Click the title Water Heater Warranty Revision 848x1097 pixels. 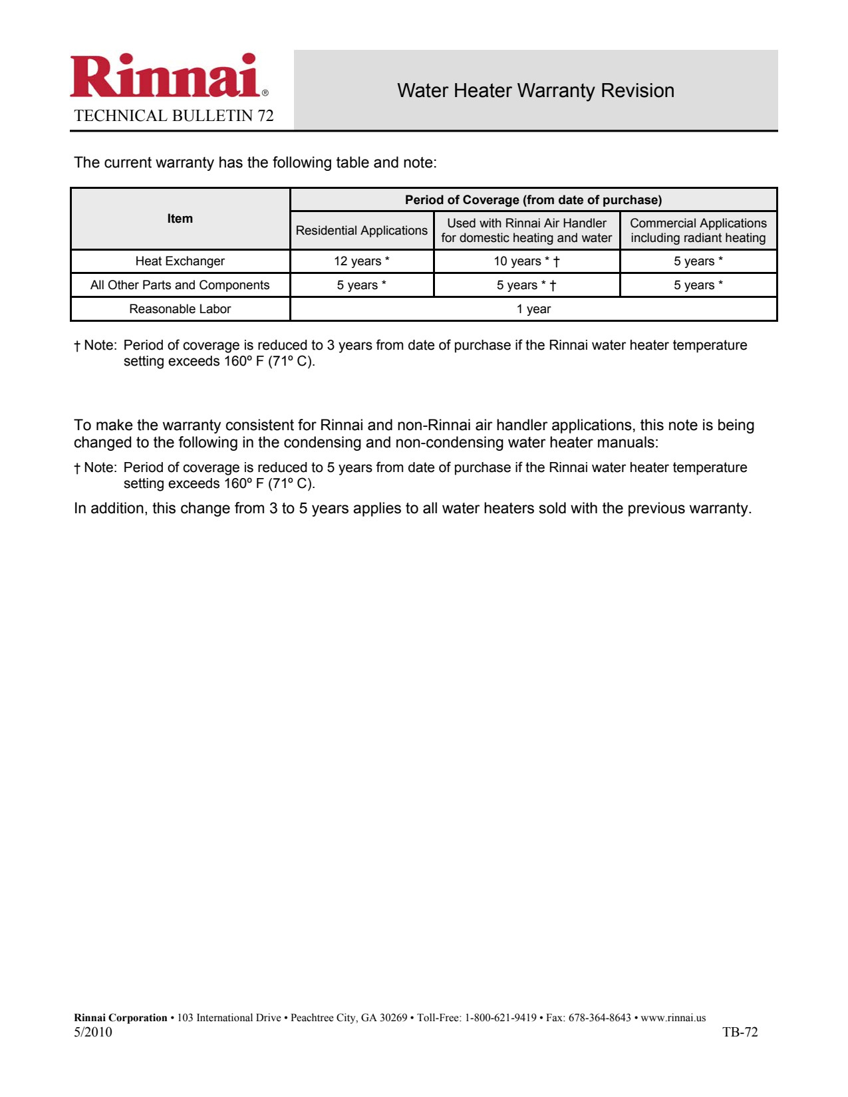click(535, 90)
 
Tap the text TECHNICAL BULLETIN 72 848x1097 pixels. click(174, 116)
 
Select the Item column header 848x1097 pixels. click(180, 219)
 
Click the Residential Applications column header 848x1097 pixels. click(362, 231)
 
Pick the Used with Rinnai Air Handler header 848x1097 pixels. click(527, 231)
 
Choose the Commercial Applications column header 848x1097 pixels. click(698, 231)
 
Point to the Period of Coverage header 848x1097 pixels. click(533, 200)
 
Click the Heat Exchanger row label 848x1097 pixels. click(180, 261)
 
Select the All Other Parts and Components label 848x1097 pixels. click(180, 285)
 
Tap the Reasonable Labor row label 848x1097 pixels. click(180, 309)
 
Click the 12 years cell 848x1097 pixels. click(362, 261)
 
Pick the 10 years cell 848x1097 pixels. click(527, 261)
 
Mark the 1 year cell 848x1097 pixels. click(533, 309)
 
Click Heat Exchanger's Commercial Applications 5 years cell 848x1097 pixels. click(698, 261)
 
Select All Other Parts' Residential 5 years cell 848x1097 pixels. click(362, 285)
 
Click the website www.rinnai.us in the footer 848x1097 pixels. click(673, 1018)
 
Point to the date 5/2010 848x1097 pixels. click(93, 1033)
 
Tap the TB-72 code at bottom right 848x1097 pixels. click(740, 1033)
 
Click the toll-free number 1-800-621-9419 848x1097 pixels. click(500, 1018)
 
